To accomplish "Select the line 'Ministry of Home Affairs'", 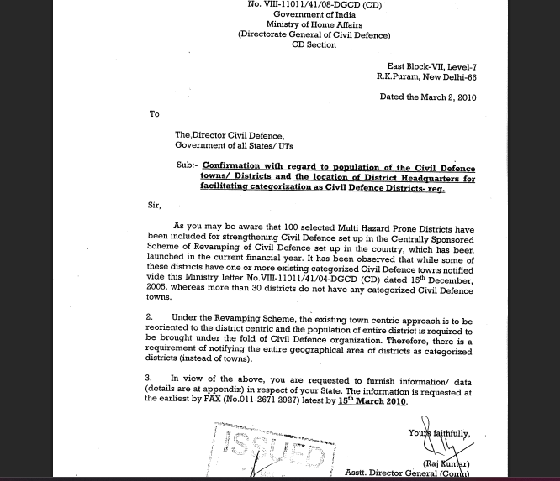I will coord(314,25).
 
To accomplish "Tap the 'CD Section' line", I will coord(314,45).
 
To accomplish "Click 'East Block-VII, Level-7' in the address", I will coord(431,65).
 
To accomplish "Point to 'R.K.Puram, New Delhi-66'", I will coord(426,76).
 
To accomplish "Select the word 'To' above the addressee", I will coord(154,114).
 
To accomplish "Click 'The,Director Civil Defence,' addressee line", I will coord(230,135).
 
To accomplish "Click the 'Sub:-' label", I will coord(187,166).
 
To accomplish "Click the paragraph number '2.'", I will coord(150,319).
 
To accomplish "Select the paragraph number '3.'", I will coord(150,379).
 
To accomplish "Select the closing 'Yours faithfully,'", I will coord(439,433).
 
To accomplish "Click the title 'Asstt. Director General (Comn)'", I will coord(409,473).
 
